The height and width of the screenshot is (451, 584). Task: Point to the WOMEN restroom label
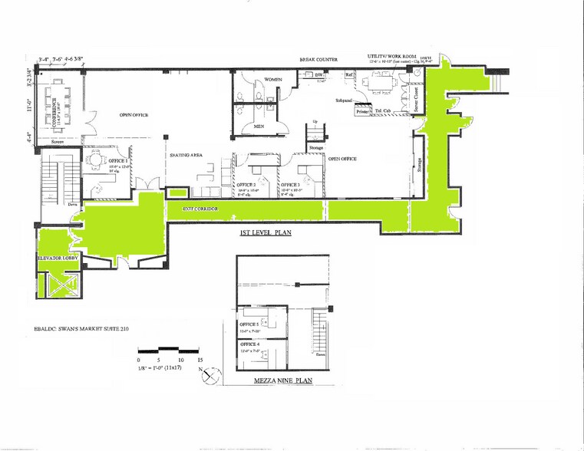pos(275,80)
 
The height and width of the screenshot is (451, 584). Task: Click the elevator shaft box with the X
pos(53,285)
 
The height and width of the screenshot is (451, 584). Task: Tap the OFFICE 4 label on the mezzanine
pos(250,345)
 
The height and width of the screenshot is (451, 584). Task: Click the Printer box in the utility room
pos(362,112)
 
